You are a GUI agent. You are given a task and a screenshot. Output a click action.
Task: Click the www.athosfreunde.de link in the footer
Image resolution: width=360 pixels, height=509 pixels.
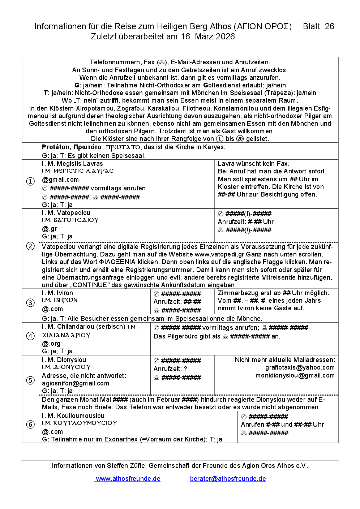(x=128, y=479)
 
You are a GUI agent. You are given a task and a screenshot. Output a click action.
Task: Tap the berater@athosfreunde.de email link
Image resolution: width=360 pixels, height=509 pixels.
(x=228, y=479)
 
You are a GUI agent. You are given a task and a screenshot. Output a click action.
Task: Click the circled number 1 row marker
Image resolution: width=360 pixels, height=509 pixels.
(x=31, y=181)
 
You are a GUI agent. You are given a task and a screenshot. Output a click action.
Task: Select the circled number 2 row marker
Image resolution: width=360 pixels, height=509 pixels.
(x=31, y=246)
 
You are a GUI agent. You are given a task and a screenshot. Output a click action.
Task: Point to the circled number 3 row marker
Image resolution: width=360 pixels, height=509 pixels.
(x=31, y=303)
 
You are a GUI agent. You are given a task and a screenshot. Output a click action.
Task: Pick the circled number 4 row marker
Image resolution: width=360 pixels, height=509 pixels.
(x=31, y=336)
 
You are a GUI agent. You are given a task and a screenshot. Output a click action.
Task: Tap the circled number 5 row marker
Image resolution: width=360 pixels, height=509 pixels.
(x=31, y=380)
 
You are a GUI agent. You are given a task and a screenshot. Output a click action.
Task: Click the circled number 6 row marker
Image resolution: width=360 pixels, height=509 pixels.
(x=31, y=424)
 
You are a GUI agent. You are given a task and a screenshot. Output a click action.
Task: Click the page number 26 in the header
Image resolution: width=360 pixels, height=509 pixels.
(x=329, y=26)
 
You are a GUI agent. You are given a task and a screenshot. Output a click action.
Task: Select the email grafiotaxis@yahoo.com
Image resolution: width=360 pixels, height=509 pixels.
(x=300, y=367)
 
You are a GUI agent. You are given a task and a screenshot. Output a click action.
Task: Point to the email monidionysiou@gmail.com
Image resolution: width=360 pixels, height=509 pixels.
(x=295, y=375)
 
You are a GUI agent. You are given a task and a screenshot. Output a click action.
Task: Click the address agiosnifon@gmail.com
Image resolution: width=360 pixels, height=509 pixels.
(x=75, y=383)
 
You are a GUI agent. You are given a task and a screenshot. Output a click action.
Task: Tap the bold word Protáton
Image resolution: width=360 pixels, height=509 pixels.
(x=56, y=147)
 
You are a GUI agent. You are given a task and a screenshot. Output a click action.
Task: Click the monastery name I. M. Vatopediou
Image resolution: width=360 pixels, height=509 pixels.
(x=66, y=213)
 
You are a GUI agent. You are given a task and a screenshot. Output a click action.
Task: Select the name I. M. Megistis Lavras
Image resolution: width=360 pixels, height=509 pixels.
(x=72, y=164)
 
